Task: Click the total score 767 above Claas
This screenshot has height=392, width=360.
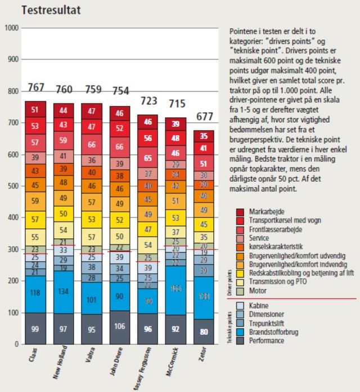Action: click(36, 87)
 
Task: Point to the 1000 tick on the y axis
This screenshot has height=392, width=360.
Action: click(11, 28)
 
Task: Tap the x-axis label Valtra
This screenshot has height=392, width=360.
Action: click(91, 361)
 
